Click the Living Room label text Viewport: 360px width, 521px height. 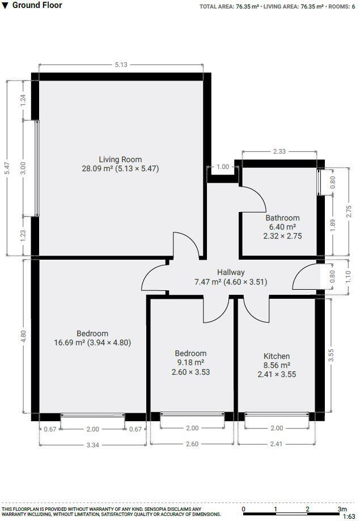pos(120,159)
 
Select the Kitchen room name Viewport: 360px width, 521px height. pos(277,356)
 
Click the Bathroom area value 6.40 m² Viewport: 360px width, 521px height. pos(282,227)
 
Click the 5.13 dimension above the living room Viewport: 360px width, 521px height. pos(121,65)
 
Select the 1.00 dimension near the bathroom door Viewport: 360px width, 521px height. pos(223,167)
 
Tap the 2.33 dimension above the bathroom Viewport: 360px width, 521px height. pos(279,151)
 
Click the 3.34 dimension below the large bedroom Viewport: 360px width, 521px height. pos(92,445)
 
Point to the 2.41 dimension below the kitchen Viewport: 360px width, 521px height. pos(276,444)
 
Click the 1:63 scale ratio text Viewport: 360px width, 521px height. pos(349,516)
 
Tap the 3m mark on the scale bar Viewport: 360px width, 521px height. pos(341,509)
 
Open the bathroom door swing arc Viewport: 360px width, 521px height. pos(255,198)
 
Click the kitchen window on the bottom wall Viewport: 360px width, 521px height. pos(276,417)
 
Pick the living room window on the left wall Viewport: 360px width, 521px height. pos(37,168)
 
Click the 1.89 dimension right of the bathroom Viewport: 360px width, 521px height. pos(333,225)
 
